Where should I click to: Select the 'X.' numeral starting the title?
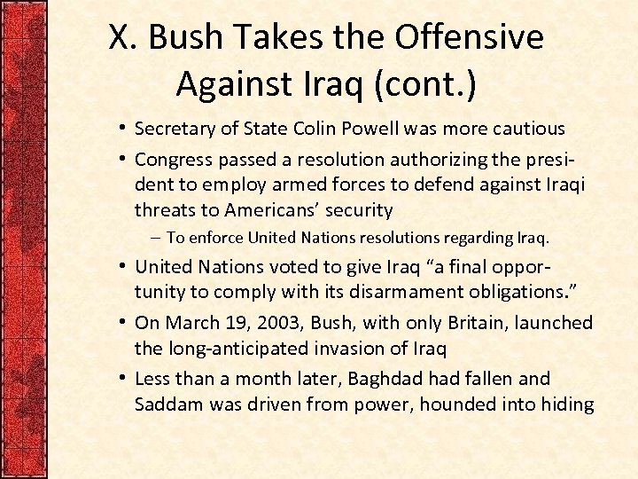pyautogui.click(x=122, y=37)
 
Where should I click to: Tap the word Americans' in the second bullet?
pyautogui.click(x=270, y=210)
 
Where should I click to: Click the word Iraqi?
pyautogui.click(x=563, y=185)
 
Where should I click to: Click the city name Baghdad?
pyautogui.click(x=385, y=379)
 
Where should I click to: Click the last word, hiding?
pyautogui.click(x=564, y=404)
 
